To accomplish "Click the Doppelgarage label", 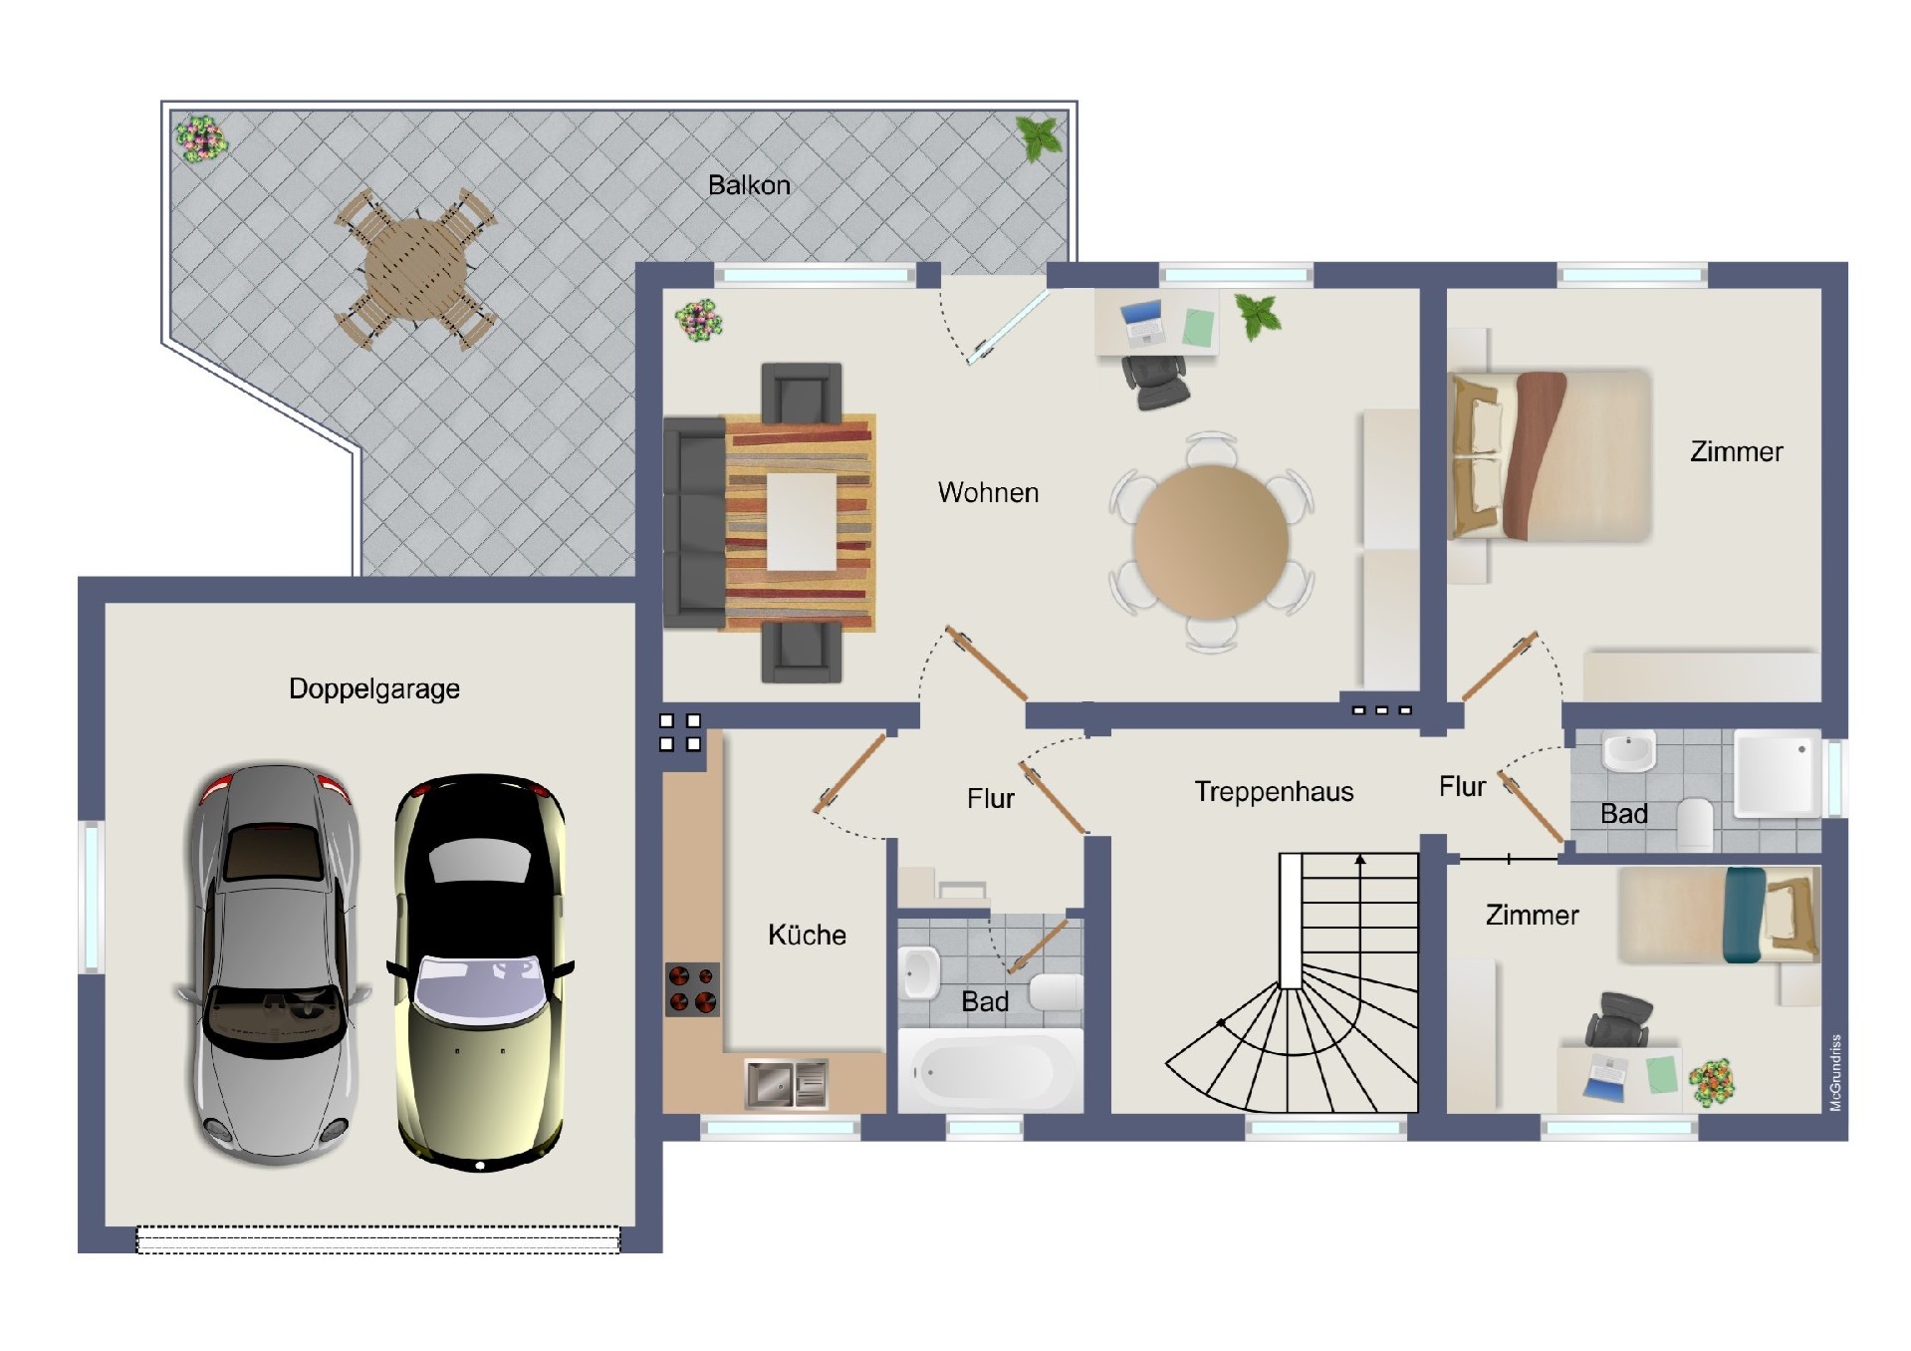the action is (x=374, y=688).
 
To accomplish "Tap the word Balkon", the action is (x=749, y=184).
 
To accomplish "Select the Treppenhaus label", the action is (x=1274, y=792).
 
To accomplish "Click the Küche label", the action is (x=807, y=935).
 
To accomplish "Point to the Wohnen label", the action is (x=988, y=492).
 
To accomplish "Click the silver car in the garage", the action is (x=274, y=963).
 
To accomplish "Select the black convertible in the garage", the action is (x=481, y=971).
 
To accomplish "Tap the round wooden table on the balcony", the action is (x=415, y=267).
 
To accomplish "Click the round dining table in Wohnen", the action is (x=1211, y=540).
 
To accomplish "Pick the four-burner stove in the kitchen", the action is (x=692, y=989).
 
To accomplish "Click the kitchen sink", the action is (x=786, y=1084).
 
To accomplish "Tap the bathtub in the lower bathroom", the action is (x=990, y=1071).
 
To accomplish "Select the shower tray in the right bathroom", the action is (x=1778, y=774).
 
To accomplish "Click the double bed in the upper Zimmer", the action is (x=1550, y=455).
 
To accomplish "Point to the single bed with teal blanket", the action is (x=1719, y=915).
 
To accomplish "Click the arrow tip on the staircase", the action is (x=1360, y=857).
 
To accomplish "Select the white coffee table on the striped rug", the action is (x=801, y=521).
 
